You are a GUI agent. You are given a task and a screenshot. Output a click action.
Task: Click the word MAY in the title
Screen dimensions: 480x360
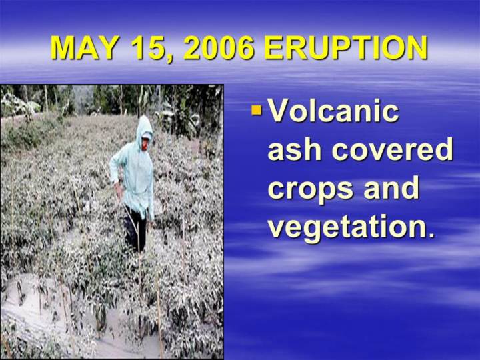pos(83,48)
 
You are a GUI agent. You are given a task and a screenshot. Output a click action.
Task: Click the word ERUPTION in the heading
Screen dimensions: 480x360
pos(346,48)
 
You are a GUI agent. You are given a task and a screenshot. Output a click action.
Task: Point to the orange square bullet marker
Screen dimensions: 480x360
pos(257,110)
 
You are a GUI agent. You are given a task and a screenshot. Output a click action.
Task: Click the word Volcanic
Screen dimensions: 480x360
pos(334,111)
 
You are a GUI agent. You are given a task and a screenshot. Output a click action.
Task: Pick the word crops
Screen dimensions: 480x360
pos(310,189)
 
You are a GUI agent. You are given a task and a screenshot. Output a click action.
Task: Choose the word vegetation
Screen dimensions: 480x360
pos(347,227)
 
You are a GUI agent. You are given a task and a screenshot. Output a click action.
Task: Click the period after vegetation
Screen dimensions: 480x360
pos(431,235)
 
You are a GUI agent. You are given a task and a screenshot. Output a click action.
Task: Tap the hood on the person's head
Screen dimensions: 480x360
pos(143,127)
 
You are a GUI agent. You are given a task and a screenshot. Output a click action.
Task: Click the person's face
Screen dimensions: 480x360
pos(145,143)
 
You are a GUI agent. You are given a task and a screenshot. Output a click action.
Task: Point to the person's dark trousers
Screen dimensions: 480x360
pos(135,228)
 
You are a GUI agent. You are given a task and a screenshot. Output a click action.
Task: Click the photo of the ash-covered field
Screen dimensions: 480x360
pos(112,221)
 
